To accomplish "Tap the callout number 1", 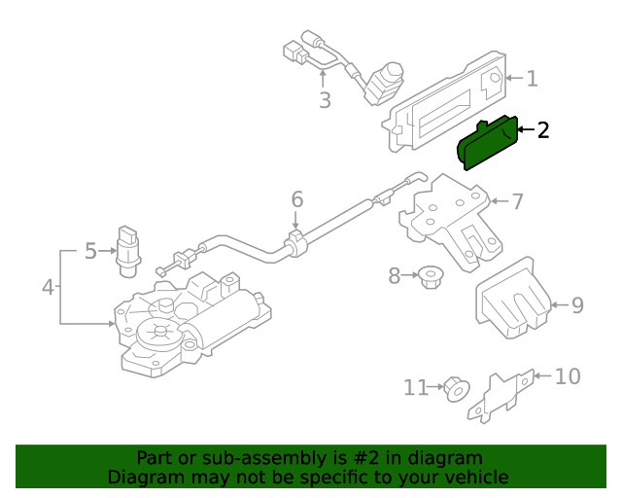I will (532, 79).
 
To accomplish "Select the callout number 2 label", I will (543, 129).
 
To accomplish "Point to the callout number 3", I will (325, 100).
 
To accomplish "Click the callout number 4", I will (48, 287).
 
